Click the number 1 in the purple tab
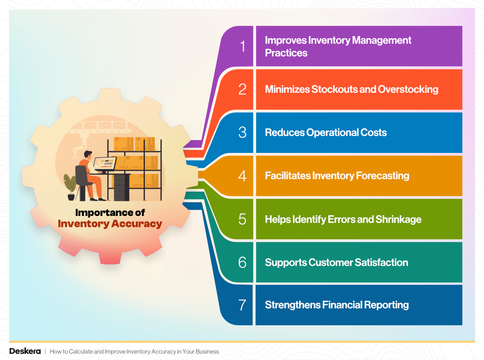242,46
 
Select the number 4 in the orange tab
242,176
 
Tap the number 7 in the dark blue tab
242,305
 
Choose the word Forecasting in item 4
383,176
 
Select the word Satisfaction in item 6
381,262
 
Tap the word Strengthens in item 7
292,305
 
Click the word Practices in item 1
286,53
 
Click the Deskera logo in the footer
25,351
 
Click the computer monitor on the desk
105,163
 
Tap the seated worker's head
88,155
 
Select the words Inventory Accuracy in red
110,223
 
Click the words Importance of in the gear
110,212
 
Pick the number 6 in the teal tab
242,262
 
